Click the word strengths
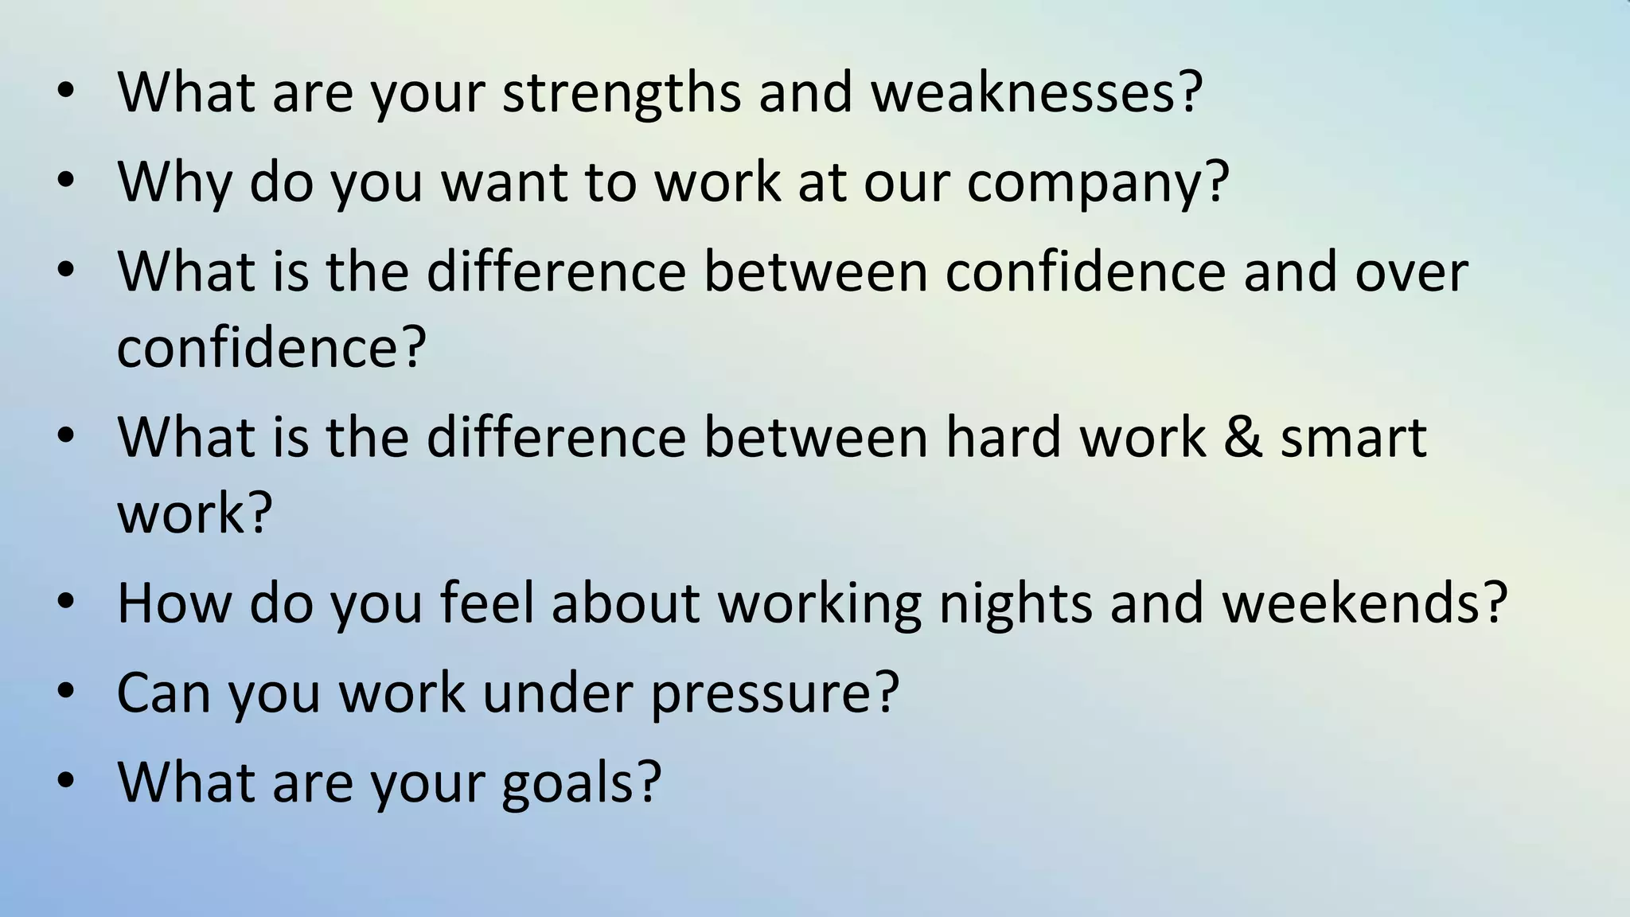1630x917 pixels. click(x=621, y=94)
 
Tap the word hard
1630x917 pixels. click(x=1004, y=438)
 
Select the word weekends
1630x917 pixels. click(x=1353, y=603)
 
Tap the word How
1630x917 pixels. click(x=174, y=603)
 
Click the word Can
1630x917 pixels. click(x=163, y=693)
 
